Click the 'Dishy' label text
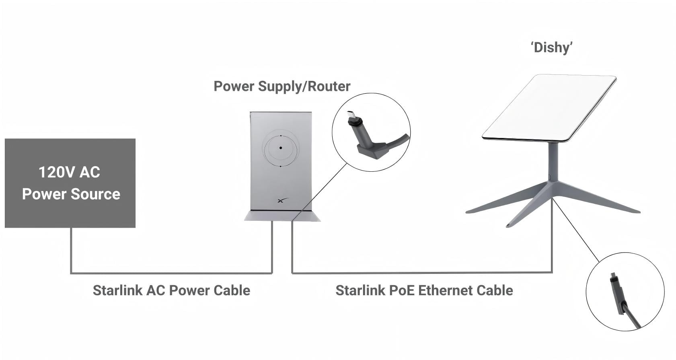(x=552, y=48)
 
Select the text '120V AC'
(x=70, y=172)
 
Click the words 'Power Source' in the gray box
(x=71, y=194)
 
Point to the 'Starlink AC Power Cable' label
(x=171, y=290)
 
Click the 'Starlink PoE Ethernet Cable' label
(x=424, y=290)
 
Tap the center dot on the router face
(x=281, y=148)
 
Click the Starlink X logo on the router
(x=283, y=200)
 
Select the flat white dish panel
(x=549, y=108)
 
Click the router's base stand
(x=282, y=216)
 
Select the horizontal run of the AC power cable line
(x=171, y=274)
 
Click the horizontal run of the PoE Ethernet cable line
(x=422, y=273)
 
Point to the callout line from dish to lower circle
(x=576, y=230)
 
